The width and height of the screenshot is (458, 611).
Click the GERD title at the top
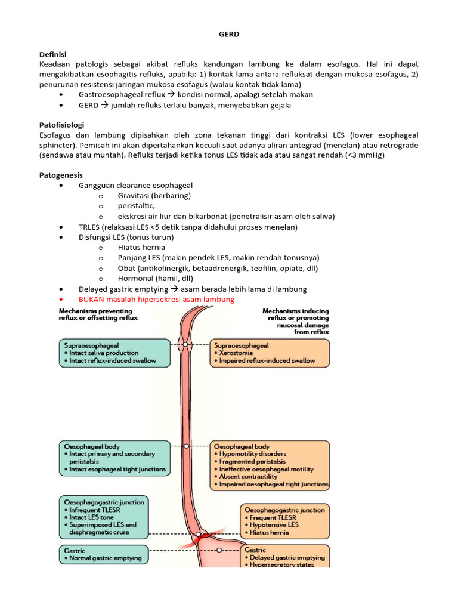pyautogui.click(x=229, y=35)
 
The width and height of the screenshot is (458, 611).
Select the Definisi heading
pyautogui.click(x=52, y=54)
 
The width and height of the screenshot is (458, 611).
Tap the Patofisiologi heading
pyautogui.click(x=61, y=125)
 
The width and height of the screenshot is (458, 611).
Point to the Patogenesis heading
pyautogui.click(x=61, y=175)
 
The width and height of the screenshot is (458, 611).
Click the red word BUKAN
pyautogui.click(x=92, y=299)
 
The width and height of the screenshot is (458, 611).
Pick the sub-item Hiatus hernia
pyautogui.click(x=141, y=247)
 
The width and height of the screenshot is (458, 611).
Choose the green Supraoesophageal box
pyautogui.click(x=114, y=353)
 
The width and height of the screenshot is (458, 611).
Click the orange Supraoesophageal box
pyautogui.click(x=270, y=353)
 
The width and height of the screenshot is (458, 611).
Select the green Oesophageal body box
pyautogui.click(x=114, y=458)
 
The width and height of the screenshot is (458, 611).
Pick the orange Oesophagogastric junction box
pyautogui.click(x=283, y=521)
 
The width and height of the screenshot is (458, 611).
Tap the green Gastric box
pyautogui.click(x=103, y=554)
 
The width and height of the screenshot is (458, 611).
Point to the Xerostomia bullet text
pyautogui.click(x=237, y=353)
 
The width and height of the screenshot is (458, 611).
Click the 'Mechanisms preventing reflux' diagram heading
pyautogui.click(x=98, y=314)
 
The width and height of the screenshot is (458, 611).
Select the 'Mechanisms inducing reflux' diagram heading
pyautogui.click(x=295, y=321)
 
